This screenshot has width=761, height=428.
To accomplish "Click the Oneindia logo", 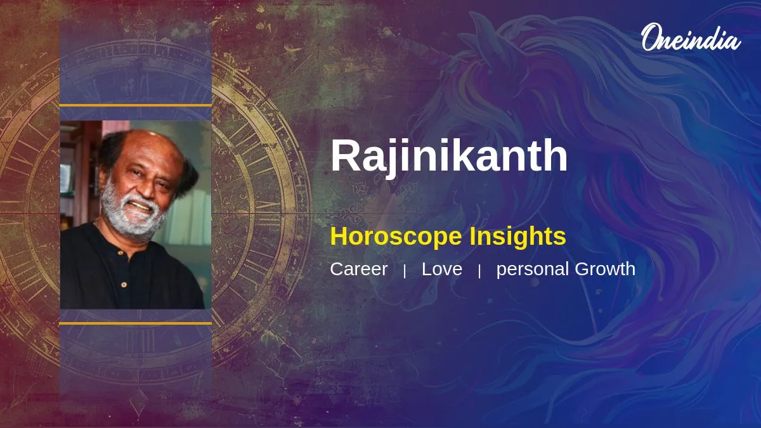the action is click(691, 37).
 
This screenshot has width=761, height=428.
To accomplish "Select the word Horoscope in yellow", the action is click(396, 237).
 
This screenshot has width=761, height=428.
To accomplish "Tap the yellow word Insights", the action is click(517, 237).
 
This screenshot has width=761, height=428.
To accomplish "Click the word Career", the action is click(359, 269).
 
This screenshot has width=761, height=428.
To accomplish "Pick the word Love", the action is click(442, 269).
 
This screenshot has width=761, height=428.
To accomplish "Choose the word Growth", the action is click(605, 269).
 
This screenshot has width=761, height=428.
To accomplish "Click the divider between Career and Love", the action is click(405, 271).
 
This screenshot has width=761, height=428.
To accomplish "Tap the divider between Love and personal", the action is click(479, 271).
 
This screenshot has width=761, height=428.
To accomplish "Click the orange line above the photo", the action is click(136, 105).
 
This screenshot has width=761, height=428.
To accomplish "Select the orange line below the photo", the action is click(136, 323).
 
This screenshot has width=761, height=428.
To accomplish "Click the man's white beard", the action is click(131, 214).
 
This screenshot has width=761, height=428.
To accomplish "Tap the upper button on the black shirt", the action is click(120, 253).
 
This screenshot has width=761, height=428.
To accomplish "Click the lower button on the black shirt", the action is click(124, 284).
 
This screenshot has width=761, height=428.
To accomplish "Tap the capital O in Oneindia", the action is click(651, 37).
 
